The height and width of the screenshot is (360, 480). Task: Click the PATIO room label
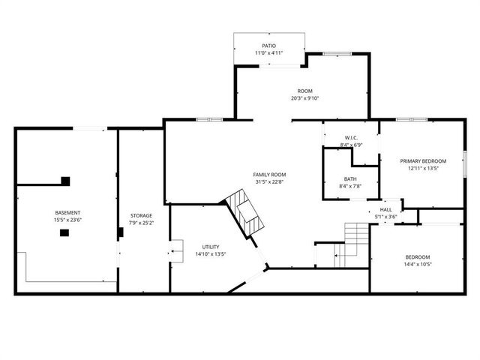pos(268,46)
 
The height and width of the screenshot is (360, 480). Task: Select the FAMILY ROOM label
pos(269,174)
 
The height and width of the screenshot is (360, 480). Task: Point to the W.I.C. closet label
pos(351,137)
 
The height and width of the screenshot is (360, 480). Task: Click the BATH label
pos(350,178)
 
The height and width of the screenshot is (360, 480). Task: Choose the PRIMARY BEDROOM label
pos(423,160)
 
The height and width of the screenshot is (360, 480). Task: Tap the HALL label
pos(386,209)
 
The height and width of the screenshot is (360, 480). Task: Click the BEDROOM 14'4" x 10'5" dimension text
pos(418,264)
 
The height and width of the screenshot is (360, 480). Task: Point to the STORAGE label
pos(141,215)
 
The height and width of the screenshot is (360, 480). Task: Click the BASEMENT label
pos(67,212)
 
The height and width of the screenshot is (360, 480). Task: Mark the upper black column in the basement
pos(65,181)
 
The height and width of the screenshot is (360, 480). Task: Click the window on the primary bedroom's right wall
pos(464,163)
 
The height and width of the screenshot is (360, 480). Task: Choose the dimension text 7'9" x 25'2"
pos(141,223)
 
